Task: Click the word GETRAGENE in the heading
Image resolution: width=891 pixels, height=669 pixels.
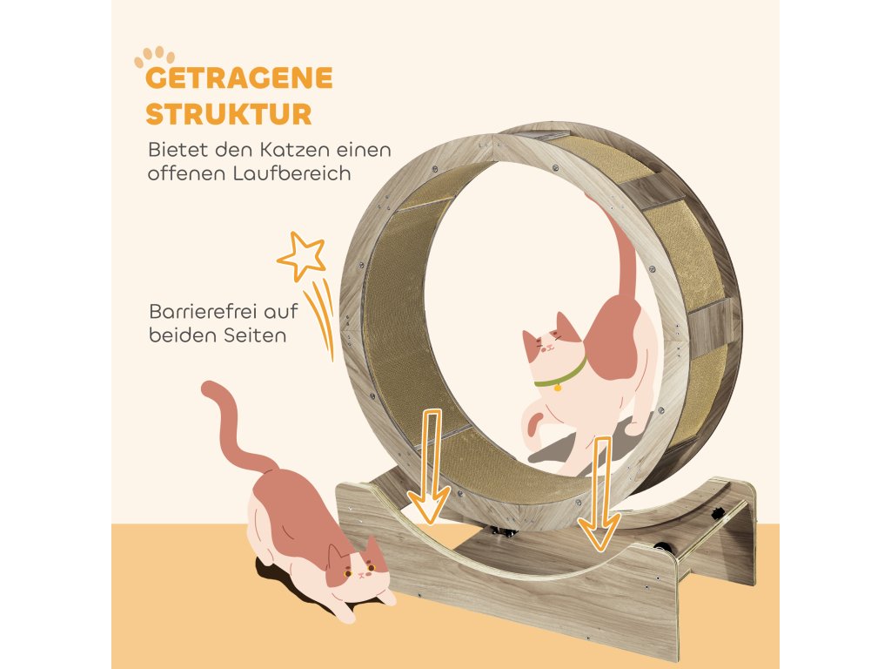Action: pyautogui.click(x=239, y=78)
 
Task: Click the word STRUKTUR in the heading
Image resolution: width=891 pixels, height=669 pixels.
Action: pyautogui.click(x=229, y=114)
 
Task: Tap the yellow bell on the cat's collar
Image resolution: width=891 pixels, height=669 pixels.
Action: pyautogui.click(x=556, y=388)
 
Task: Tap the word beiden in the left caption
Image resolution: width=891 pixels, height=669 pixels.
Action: pyautogui.click(x=178, y=335)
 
